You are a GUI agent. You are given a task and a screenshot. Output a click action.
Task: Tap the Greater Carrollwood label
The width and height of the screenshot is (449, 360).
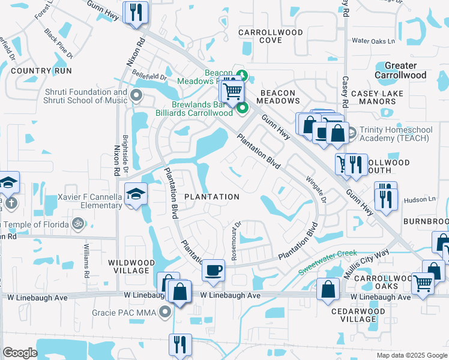point(400,70)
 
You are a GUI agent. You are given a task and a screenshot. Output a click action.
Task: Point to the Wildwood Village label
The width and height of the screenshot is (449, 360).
point(128,266)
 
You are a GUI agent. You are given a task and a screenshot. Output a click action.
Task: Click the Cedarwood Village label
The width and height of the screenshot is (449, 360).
point(358,315)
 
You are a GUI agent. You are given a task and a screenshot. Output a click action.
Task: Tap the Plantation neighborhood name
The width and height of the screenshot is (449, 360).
point(211,197)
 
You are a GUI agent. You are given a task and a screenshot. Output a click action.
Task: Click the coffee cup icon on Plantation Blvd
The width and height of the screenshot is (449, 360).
point(213,270)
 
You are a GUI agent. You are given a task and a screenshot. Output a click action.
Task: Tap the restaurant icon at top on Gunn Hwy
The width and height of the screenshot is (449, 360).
point(136,12)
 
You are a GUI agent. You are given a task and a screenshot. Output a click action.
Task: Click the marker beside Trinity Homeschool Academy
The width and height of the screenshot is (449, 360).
point(351,131)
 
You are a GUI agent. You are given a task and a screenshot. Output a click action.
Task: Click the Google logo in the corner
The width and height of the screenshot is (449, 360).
point(20,353)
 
